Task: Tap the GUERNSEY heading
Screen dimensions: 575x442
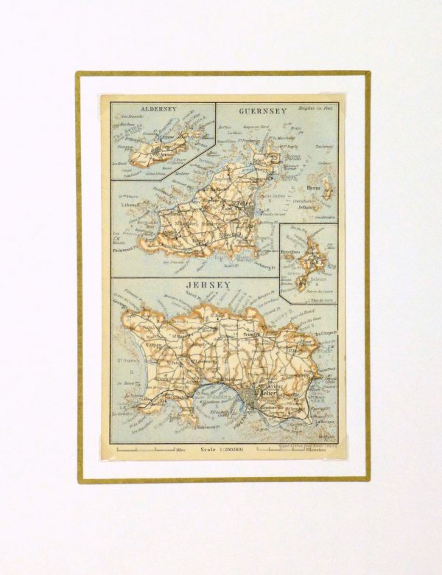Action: [262, 111]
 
